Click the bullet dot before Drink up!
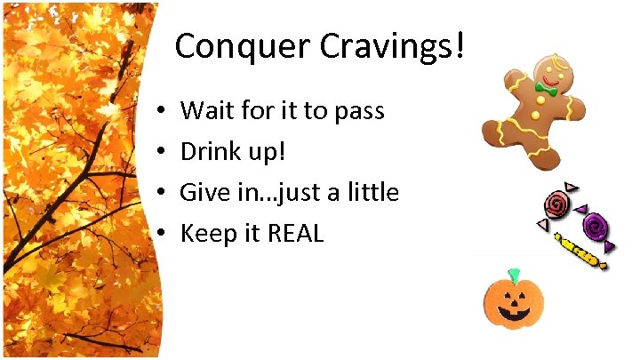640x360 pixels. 156,153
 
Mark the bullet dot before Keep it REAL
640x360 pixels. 156,235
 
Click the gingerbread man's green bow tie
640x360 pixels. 545,91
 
